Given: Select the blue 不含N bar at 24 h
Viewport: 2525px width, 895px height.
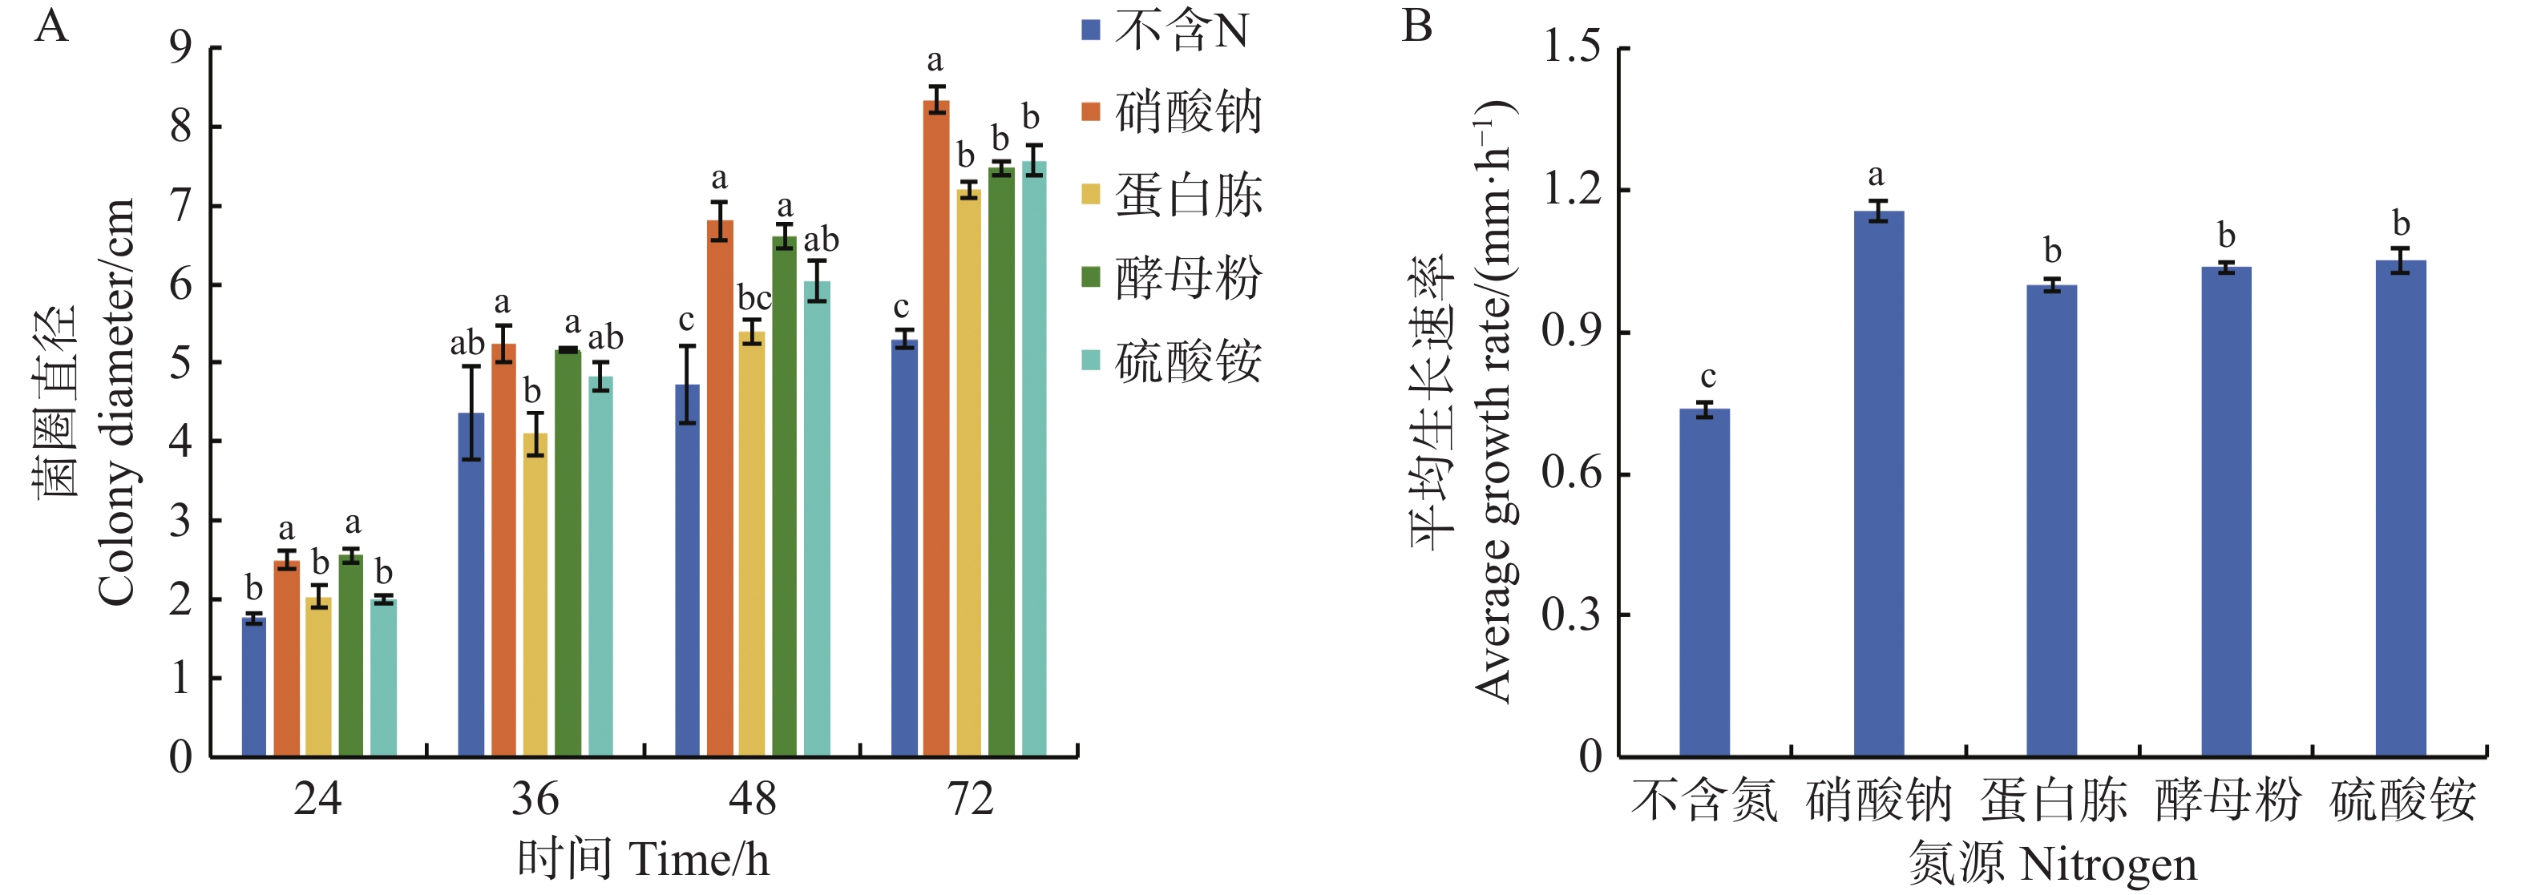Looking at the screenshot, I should pos(254,686).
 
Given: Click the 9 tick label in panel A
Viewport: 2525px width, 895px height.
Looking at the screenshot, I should pos(180,47).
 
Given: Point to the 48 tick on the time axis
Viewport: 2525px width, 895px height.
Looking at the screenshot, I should pos(752,799).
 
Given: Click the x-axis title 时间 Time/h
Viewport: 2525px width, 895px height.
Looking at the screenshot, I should pos(643,859).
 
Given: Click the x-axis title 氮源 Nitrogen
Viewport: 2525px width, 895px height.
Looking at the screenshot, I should pos(2051,863).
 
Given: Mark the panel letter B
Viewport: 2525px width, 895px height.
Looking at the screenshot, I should pos(1417,26).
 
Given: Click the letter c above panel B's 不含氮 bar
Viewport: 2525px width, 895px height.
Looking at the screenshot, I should pos(1707,377).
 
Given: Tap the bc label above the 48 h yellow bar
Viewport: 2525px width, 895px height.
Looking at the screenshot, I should pos(753,297).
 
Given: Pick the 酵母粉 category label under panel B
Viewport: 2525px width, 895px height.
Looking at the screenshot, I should pos(2227,800).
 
